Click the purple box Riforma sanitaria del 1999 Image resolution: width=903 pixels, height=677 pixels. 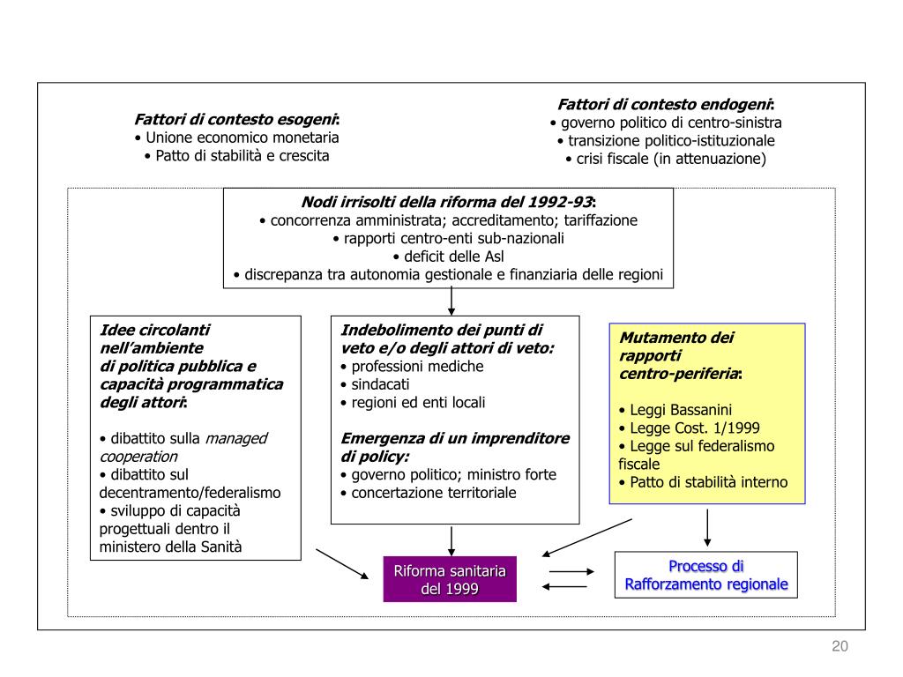(450, 579)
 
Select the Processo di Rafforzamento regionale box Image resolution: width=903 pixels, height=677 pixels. (706, 575)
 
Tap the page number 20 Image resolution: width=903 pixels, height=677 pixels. (840, 646)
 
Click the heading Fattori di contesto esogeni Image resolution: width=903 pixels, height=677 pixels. (236, 119)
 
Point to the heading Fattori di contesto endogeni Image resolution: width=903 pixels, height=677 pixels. (666, 104)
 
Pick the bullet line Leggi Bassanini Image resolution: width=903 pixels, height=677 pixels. (675, 410)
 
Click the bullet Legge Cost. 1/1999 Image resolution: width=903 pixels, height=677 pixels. (689, 428)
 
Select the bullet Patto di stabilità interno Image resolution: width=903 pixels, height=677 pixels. (703, 482)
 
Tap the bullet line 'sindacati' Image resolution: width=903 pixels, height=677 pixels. (375, 384)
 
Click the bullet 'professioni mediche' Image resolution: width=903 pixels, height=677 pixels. (412, 366)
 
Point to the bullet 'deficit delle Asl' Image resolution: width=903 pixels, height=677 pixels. (449, 257)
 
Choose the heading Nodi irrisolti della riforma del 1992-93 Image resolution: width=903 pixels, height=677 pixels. (449, 202)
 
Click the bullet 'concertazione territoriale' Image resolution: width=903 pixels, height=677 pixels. (429, 493)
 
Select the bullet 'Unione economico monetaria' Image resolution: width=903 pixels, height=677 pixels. (236, 138)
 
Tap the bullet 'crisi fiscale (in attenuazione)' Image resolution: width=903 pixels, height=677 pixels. (666, 159)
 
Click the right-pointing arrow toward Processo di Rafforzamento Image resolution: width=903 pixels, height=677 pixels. (571, 571)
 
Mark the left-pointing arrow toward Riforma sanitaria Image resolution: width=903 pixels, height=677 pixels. (564, 586)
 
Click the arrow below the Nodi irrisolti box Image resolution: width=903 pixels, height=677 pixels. (451, 301)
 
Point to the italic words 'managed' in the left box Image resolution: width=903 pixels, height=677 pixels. (236, 439)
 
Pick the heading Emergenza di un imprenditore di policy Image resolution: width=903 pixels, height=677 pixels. (455, 447)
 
